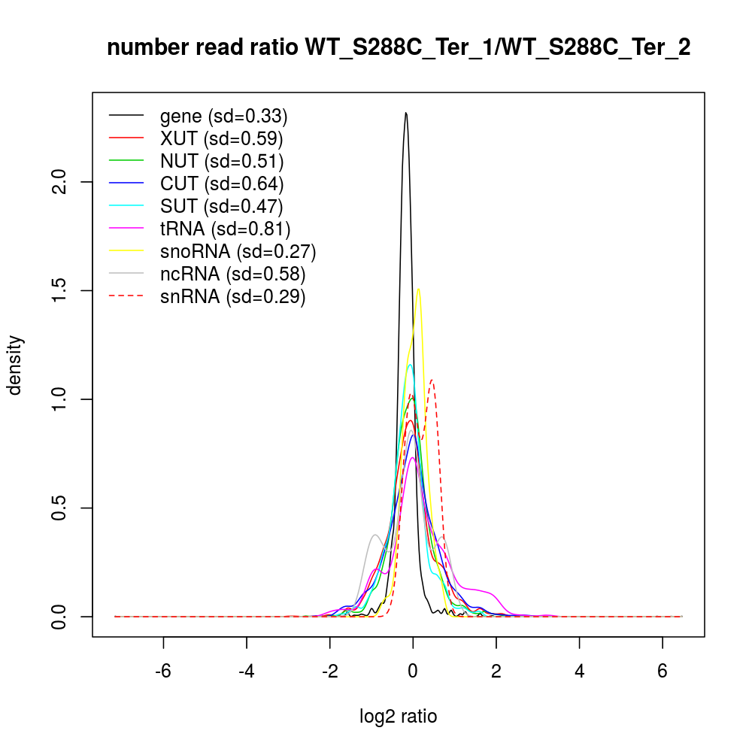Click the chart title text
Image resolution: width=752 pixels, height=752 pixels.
(x=399, y=48)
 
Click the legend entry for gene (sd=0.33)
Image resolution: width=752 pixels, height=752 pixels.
(x=223, y=116)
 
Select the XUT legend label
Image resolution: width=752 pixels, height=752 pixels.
(x=221, y=138)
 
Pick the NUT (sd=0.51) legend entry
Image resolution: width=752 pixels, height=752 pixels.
(x=221, y=161)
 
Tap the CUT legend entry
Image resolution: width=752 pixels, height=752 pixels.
(x=221, y=183)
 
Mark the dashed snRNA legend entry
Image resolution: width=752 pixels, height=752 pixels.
(x=232, y=296)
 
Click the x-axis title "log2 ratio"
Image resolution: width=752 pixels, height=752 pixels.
(x=399, y=717)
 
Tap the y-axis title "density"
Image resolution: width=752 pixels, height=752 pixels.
(x=14, y=365)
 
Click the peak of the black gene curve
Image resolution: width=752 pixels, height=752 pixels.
(x=406, y=114)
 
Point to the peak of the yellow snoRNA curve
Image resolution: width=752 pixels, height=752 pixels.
(x=418, y=290)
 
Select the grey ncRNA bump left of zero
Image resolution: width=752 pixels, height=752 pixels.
(x=374, y=535)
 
